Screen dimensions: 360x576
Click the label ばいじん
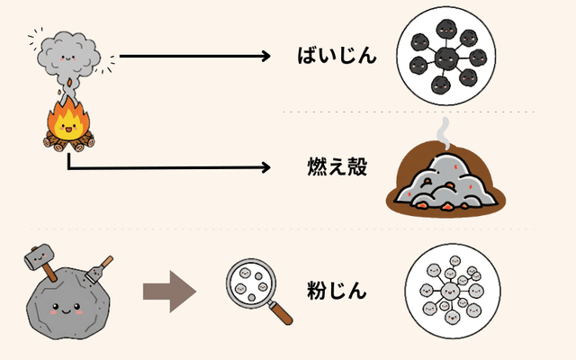coord(336,57)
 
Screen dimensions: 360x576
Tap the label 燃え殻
coord(337,167)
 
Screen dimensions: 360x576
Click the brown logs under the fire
coord(68,142)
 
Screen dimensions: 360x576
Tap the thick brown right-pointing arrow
coord(169,291)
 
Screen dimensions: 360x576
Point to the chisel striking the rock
coord(98,267)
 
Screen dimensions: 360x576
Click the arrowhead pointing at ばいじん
coord(265,57)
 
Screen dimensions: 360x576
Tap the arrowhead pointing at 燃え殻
coord(265,167)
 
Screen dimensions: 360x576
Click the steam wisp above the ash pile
coord(443,136)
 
